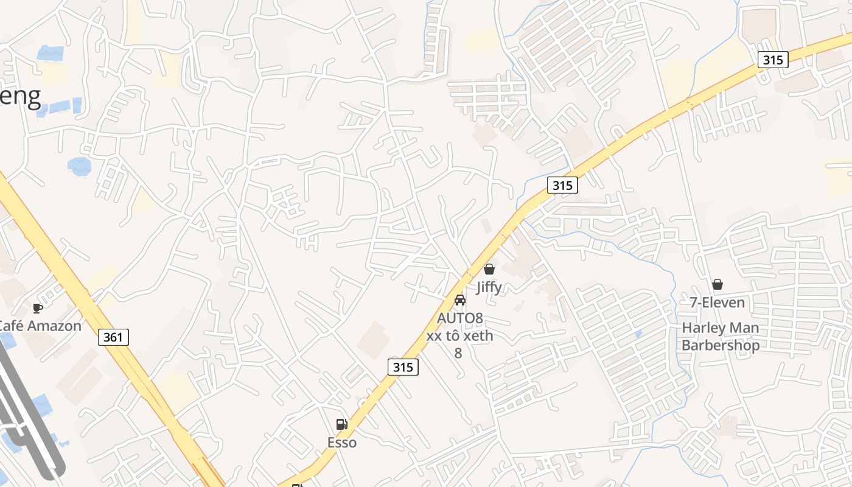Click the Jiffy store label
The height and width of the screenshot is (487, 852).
pos(489,287)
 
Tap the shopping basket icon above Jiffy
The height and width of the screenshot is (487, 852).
pos(489,269)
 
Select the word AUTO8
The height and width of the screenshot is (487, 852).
pos(460,318)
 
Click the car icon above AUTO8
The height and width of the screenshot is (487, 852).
pos(460,300)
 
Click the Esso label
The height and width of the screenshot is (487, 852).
pos(342,443)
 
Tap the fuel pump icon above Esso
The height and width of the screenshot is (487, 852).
pos(342,424)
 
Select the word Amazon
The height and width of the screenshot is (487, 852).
pos(54,326)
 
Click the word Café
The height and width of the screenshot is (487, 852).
pos(11,326)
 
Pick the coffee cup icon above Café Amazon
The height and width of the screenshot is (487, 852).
pos(38,308)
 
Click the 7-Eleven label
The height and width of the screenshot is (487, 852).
pos(717,302)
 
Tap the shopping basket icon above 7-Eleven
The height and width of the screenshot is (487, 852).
pos(718,284)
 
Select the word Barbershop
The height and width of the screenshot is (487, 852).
pos(721,345)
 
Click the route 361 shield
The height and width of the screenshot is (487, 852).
pos(113,337)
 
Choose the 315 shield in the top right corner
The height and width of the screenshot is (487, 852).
pos(773,60)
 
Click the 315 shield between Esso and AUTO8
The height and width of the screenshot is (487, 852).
pos(403,366)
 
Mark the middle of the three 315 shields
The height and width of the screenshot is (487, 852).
pos(562,185)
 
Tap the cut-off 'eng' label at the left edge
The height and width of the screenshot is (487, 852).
pos(20,96)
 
